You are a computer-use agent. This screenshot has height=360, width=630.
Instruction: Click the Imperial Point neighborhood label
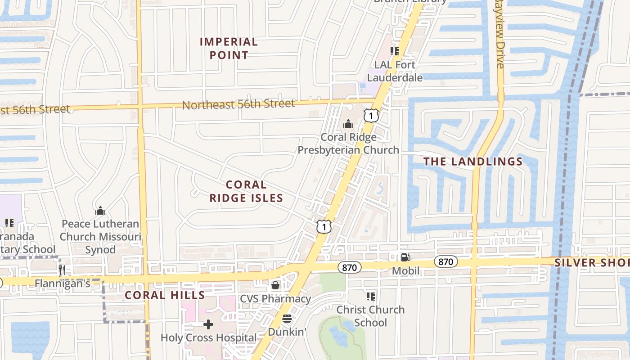[229, 49]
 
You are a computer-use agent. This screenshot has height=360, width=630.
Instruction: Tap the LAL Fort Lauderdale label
[395, 71]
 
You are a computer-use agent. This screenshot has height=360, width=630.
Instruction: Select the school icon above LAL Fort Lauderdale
[395, 51]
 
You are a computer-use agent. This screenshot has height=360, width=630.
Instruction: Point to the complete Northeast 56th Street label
[238, 104]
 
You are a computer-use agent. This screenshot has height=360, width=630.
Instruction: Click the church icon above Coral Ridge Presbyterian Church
[348, 124]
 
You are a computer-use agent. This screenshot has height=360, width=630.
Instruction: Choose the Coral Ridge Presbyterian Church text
[348, 144]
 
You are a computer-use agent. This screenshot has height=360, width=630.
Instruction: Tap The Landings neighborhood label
[473, 162]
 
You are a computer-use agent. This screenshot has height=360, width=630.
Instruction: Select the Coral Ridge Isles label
[246, 191]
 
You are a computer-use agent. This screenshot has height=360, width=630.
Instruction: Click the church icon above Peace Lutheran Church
[100, 211]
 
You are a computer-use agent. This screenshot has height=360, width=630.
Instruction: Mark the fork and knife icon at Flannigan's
[62, 270]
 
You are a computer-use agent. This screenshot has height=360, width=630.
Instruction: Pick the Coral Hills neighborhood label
[165, 295]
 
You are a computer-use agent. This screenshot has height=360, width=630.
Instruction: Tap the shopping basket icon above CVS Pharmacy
[275, 285]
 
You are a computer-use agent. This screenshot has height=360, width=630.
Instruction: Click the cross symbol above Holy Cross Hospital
[208, 324]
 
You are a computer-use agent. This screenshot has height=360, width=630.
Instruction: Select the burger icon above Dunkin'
[287, 319]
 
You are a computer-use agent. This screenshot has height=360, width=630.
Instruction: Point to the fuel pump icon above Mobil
[405, 257]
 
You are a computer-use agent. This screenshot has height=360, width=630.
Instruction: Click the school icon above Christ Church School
[371, 296]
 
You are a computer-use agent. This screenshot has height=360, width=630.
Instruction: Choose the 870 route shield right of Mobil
[445, 261]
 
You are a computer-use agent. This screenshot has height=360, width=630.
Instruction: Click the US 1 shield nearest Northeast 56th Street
[371, 116]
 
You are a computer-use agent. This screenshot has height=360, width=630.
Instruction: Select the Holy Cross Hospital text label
[208, 337]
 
